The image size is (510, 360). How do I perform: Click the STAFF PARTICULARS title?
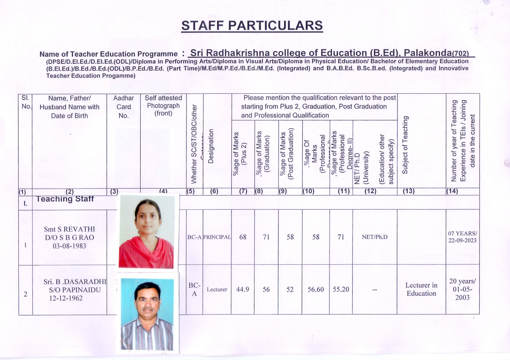pyautogui.click(x=252, y=26)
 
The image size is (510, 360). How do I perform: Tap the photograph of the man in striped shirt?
pyautogui.click(x=147, y=314)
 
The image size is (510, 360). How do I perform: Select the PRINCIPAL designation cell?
pyautogui.click(x=217, y=237)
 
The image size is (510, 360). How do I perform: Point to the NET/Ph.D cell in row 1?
pyautogui.click(x=375, y=237)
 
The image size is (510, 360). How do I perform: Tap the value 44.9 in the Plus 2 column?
pyautogui.click(x=243, y=289)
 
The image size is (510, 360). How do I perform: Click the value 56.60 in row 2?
pyautogui.click(x=316, y=289)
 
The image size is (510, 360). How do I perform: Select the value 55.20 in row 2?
pyautogui.click(x=341, y=289)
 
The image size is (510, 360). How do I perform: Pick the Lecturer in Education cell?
pyautogui.click(x=421, y=289)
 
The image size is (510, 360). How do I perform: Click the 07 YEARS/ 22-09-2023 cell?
pyautogui.click(x=462, y=237)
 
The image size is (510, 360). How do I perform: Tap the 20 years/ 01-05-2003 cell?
pyautogui.click(x=463, y=289)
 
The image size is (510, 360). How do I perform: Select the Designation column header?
pyautogui.click(x=211, y=146)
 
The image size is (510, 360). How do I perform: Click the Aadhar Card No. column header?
pyautogui.click(x=124, y=107)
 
